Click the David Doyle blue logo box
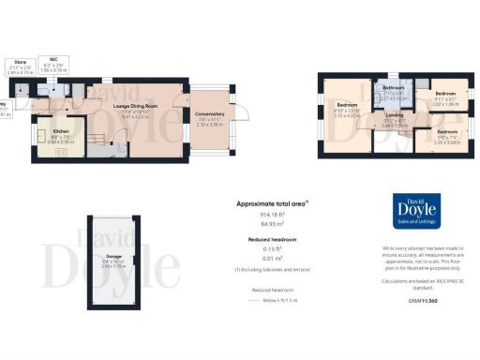click(412, 211)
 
